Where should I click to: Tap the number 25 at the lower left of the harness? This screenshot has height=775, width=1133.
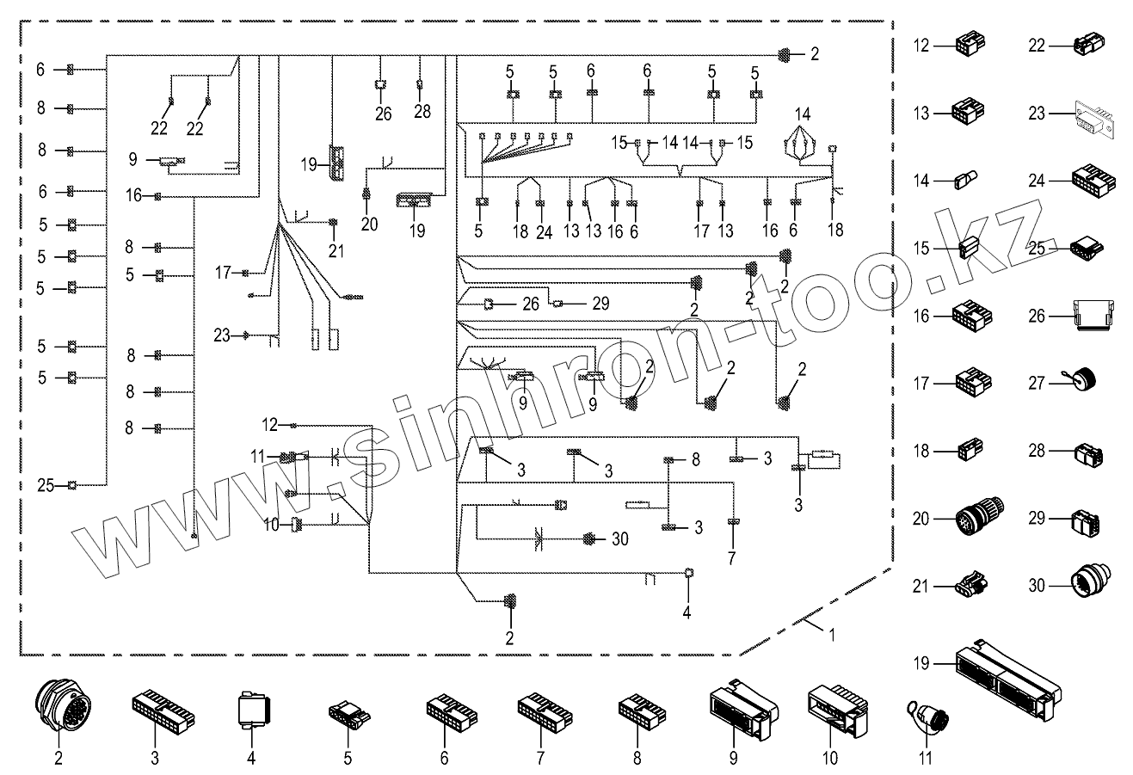coord(46,486)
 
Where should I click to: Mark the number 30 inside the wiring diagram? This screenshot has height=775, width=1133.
coord(620,539)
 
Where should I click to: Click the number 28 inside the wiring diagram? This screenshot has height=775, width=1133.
coord(421,113)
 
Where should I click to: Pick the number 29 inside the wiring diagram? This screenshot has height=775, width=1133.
coord(600,304)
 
